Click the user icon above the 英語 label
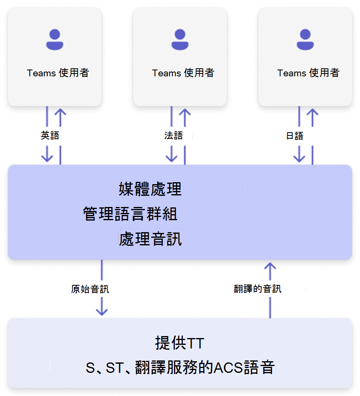[x=55, y=40]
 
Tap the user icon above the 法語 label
[x=180, y=40]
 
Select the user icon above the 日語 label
[x=305, y=40]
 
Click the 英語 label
[x=50, y=135]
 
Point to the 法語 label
[x=174, y=135]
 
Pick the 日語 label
[x=295, y=136]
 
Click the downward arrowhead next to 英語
[x=47, y=157]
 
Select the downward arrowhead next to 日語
[x=299, y=157]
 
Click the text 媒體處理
[x=150, y=189]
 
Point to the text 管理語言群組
[x=130, y=214]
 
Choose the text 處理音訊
[x=150, y=239]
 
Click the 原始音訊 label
[x=90, y=289]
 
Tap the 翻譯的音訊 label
[x=258, y=289]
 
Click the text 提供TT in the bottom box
[x=180, y=343]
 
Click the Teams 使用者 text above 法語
[x=183, y=73]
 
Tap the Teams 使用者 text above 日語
[x=308, y=73]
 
